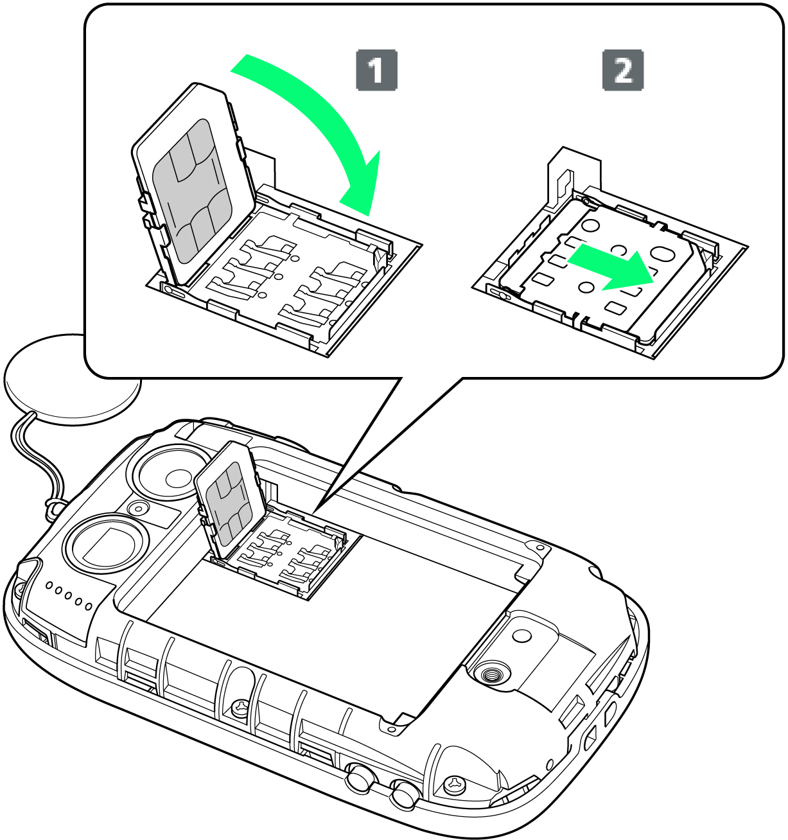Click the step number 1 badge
point(376,70)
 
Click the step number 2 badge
point(623,70)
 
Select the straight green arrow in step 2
point(611,267)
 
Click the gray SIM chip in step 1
point(193,190)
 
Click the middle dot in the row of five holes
point(68,596)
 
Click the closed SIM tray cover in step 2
point(600,271)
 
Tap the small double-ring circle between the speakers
point(138,507)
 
